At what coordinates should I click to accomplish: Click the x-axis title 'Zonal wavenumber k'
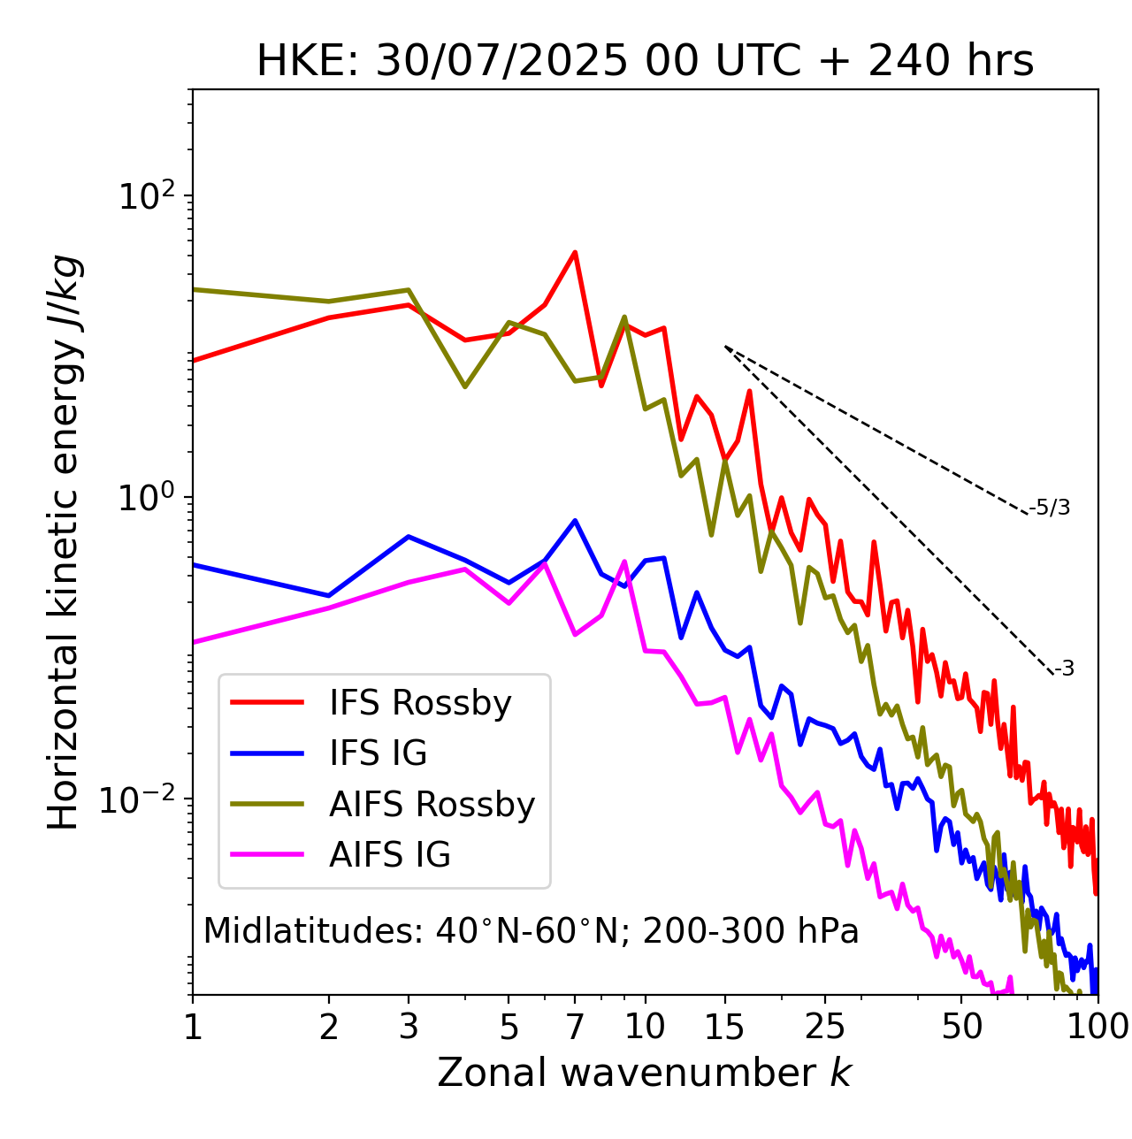(x=644, y=1073)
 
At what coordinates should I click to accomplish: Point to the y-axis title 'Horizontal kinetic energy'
(x=64, y=542)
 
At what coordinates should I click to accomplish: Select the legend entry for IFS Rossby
(x=420, y=703)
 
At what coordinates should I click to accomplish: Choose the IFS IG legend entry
(x=378, y=753)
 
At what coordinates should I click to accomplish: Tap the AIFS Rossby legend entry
(x=432, y=805)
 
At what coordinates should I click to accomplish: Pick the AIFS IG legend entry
(x=390, y=855)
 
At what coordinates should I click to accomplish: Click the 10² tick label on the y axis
(x=147, y=195)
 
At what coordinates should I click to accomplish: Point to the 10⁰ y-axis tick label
(x=147, y=498)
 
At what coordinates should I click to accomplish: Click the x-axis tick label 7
(x=575, y=1028)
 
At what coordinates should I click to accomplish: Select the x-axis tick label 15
(x=724, y=1028)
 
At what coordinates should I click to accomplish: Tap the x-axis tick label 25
(x=825, y=1028)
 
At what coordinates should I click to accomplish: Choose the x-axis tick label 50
(x=961, y=1028)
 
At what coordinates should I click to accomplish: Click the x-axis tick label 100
(x=1098, y=1028)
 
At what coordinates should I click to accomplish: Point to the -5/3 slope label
(x=1050, y=508)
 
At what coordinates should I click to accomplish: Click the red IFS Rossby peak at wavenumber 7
(x=575, y=253)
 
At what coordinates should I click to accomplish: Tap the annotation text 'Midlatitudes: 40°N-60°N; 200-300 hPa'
(x=531, y=931)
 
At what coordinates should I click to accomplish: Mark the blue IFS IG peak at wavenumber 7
(x=575, y=521)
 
